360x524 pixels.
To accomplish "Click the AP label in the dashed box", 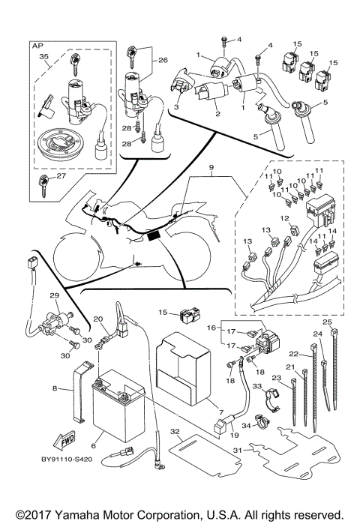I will click(36, 46).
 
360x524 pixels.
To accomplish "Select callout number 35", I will click(44, 57).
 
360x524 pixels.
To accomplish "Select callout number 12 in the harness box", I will click(284, 218).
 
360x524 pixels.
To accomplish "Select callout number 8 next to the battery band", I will click(55, 388).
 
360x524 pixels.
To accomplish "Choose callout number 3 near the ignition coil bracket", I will click(177, 108).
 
